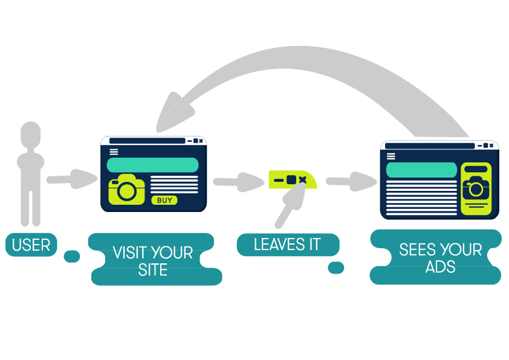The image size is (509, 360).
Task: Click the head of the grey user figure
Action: point(30,135)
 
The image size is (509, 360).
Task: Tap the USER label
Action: point(31,245)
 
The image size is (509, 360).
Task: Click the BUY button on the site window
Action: point(164,200)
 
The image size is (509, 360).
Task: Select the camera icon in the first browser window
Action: point(126,189)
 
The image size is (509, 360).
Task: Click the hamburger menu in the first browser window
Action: point(114,152)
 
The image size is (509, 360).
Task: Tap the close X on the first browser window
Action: point(201,141)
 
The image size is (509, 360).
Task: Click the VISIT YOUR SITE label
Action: point(152,260)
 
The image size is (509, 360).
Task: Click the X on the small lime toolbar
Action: point(302,179)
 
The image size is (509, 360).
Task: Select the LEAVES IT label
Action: point(287,245)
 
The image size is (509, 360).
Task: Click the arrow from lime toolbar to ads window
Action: point(351,181)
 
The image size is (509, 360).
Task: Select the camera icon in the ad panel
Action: point(476,188)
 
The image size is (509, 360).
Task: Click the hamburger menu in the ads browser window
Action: point(392,156)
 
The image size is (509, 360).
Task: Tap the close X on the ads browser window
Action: point(493,146)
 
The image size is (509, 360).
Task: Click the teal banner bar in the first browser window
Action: point(152,165)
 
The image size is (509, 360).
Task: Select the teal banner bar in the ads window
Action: point(421,170)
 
